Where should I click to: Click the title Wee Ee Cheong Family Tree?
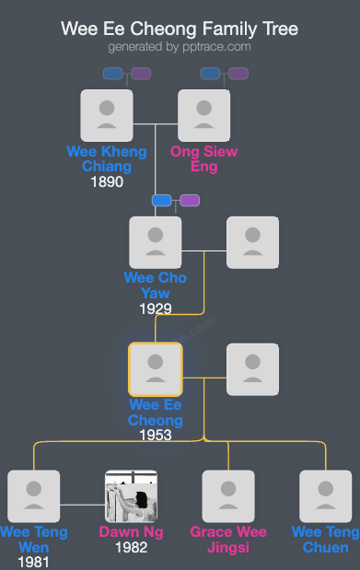tap(180, 29)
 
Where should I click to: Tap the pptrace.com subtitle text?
tap(180, 46)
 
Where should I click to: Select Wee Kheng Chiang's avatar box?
tap(107, 115)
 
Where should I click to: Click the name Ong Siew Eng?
tap(203, 158)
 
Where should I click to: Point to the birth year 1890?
tap(107, 182)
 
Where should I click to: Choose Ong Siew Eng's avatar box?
tap(203, 115)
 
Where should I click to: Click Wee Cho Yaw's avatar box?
tap(156, 242)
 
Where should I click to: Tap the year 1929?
tap(156, 308)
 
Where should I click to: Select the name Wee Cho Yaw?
tap(156, 285)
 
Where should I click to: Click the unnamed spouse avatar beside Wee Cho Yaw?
tap(252, 242)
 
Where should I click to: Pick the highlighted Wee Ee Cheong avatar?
tap(156, 369)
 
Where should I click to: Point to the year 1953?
tap(156, 435)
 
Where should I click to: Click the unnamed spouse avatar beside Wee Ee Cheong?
tap(252, 369)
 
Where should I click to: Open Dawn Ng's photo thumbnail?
tap(131, 496)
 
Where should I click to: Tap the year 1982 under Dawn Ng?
tap(131, 547)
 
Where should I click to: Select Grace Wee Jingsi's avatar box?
tap(228, 496)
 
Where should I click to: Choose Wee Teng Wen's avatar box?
tap(33, 496)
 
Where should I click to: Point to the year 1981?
tap(33, 562)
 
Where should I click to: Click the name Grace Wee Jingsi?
tap(228, 540)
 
